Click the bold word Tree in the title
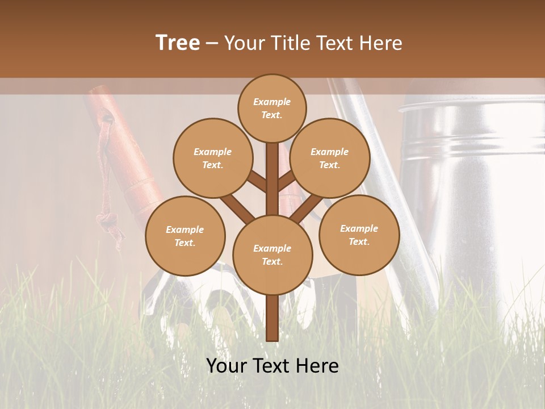(x=178, y=43)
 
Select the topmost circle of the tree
(x=272, y=108)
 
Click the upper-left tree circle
(x=212, y=158)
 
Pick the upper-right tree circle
(x=329, y=158)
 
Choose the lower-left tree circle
(x=185, y=236)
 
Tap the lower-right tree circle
(x=359, y=235)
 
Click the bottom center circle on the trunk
(x=272, y=254)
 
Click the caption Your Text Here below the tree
(x=272, y=366)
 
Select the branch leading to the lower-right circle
(x=307, y=208)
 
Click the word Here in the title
(x=381, y=43)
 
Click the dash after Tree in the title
(x=212, y=43)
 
